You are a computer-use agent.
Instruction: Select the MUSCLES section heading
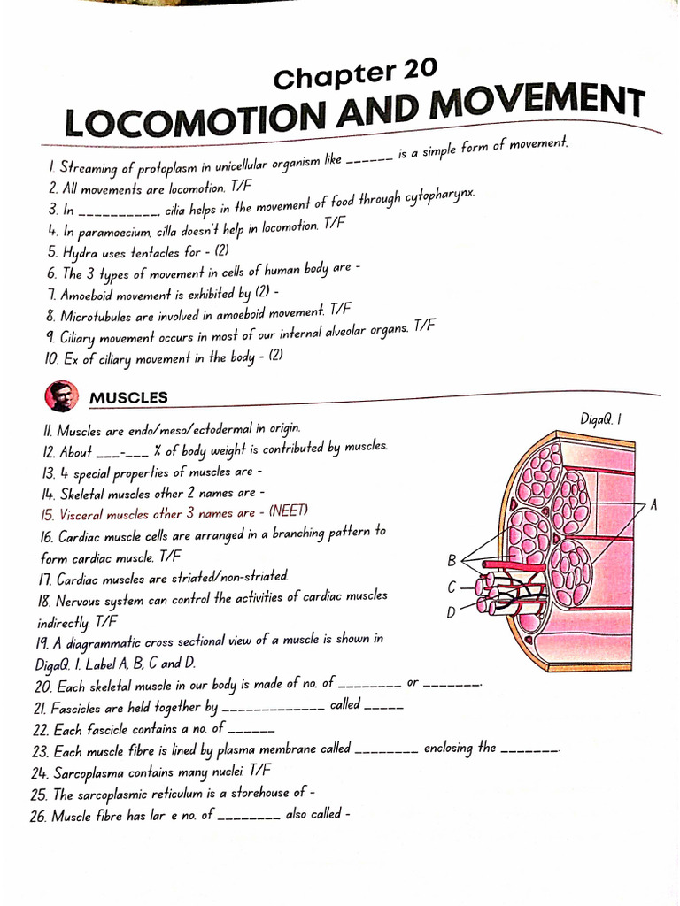click(128, 398)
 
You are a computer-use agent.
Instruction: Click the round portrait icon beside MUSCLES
click(61, 396)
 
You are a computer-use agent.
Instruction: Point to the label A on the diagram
click(653, 504)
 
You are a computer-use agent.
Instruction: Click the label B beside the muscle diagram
click(452, 560)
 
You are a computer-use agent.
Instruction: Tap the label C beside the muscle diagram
click(452, 587)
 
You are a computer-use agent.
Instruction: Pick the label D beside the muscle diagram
click(452, 611)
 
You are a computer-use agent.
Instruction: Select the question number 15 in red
click(48, 513)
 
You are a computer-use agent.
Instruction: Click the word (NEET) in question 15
click(290, 511)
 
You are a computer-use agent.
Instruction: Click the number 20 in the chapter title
click(418, 70)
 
